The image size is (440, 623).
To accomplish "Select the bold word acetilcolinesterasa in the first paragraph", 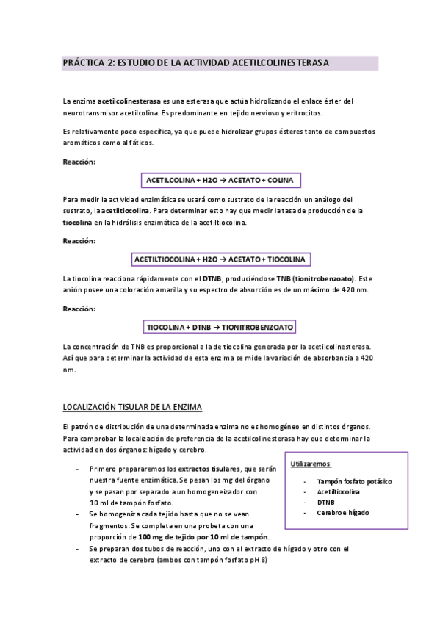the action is point(129,101).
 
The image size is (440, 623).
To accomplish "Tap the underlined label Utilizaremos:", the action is point(311,464).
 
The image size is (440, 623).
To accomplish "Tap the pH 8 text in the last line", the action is point(260,561).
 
